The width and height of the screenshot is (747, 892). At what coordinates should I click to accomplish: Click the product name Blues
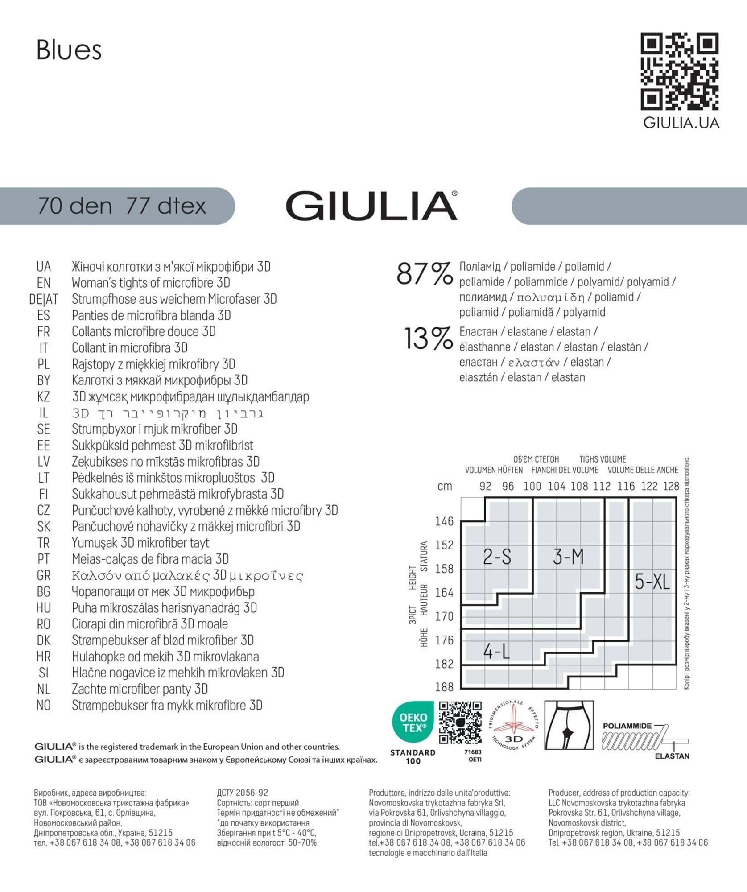69,50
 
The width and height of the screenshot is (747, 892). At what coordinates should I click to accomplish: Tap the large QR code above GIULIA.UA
680,71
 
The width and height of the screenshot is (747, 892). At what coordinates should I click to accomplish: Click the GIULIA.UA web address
681,123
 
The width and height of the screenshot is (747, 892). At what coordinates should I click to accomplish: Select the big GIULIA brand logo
371,206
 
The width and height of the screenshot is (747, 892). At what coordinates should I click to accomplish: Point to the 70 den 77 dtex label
122,206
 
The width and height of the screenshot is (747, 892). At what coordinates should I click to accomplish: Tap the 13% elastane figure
428,339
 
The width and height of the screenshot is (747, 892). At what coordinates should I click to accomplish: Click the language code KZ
44,396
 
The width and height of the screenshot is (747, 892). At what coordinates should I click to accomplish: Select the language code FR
44,332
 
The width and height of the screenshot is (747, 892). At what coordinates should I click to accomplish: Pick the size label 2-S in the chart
497,557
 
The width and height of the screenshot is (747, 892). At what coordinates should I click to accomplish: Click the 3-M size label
568,557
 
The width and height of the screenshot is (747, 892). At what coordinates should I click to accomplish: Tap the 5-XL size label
652,582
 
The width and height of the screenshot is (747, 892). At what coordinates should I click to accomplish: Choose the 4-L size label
496,652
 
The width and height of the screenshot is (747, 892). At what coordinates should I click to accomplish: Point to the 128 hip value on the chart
671,486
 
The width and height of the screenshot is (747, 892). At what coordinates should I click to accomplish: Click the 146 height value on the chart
444,521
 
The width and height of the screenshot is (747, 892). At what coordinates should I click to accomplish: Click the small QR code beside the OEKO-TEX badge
460,723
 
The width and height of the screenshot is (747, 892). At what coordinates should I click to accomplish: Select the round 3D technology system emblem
514,725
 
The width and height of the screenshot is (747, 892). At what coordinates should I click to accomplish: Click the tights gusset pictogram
569,725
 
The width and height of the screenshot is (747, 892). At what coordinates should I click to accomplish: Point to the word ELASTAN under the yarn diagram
672,756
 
